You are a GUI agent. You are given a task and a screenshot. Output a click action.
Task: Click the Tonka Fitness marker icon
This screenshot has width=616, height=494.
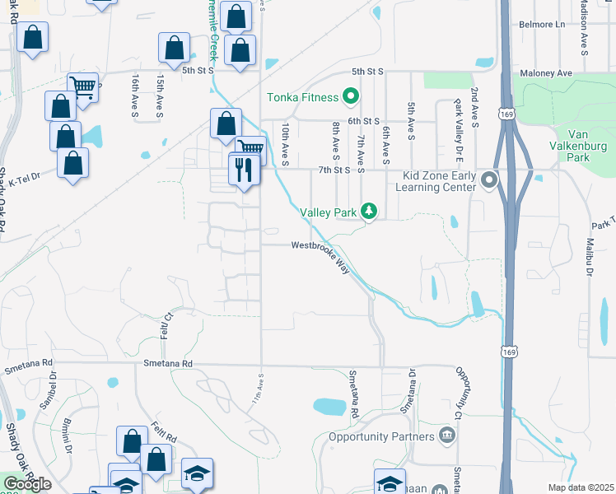[350, 97]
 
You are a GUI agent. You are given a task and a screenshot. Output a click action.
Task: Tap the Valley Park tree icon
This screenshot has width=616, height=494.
[370, 212]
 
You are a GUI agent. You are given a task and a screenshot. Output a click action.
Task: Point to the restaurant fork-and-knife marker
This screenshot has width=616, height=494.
[244, 170]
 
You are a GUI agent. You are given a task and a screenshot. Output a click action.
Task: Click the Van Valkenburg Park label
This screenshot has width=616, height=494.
[581, 145]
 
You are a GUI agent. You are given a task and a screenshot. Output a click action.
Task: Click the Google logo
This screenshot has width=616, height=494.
[27, 484]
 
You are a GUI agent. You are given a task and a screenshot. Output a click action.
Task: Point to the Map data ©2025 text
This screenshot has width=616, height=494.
[581, 487]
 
